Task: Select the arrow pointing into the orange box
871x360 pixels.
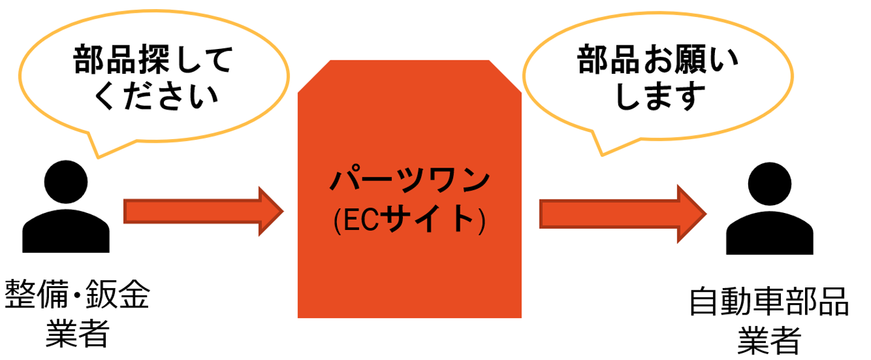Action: (x=203, y=211)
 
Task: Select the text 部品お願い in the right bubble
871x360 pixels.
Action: (x=657, y=62)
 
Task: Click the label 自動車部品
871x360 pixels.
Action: (x=769, y=303)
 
